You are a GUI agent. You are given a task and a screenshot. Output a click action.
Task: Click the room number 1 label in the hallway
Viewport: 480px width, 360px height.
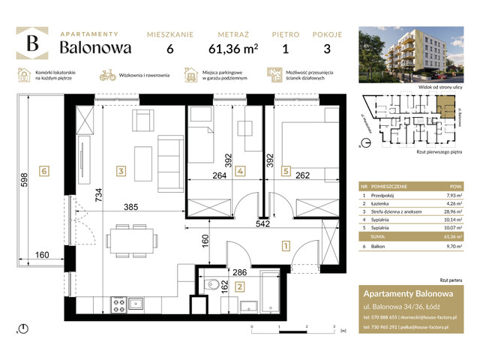(x=286, y=244)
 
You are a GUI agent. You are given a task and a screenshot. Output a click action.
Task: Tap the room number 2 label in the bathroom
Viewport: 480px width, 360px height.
(x=239, y=286)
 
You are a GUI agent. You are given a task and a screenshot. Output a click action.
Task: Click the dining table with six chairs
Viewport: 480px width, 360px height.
(x=133, y=240)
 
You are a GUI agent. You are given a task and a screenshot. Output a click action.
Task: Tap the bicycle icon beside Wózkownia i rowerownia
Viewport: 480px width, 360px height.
(x=108, y=75)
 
